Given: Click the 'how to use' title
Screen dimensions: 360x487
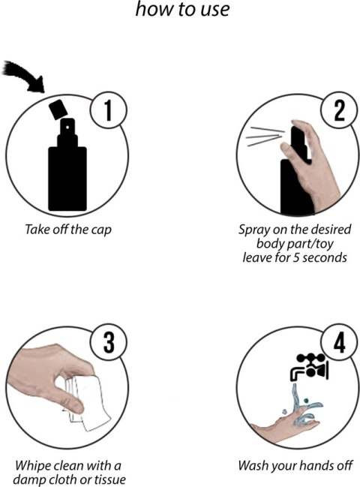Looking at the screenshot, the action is click(x=182, y=9).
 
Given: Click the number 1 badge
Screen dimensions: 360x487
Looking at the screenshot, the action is click(x=108, y=110).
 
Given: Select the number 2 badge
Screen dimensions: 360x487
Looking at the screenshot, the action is click(x=340, y=110).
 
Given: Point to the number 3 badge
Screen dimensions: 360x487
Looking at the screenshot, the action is click(x=108, y=343).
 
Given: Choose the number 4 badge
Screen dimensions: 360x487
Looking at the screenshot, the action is click(x=340, y=343).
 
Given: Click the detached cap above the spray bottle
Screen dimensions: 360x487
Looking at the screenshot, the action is click(x=58, y=110).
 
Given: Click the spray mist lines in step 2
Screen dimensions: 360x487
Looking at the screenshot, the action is click(x=264, y=137).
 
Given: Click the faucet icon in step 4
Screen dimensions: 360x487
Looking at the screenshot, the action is click(x=308, y=367).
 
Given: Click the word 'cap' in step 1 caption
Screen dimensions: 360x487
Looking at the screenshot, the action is click(x=101, y=230).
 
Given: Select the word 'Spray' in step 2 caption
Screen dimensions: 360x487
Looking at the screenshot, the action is click(x=250, y=230).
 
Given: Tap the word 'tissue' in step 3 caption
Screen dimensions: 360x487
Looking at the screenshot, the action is click(x=109, y=479).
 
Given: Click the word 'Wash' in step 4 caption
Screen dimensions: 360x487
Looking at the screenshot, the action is click(x=252, y=465).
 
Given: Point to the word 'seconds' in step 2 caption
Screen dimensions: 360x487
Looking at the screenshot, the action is click(x=325, y=258).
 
